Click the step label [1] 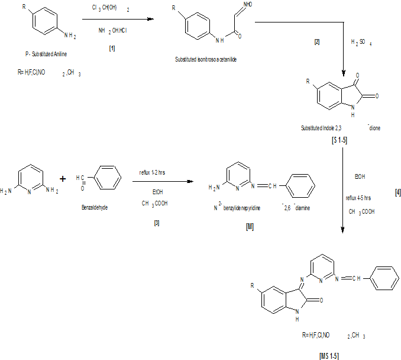pyautogui.click(x=112, y=48)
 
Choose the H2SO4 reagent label pyautogui.click(x=361, y=43)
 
